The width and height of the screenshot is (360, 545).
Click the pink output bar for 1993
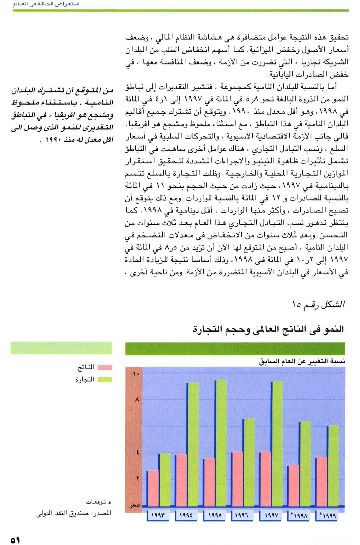[153, 488]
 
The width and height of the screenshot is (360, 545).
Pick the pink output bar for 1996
[237, 479]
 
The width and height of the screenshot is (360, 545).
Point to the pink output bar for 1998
[293, 486]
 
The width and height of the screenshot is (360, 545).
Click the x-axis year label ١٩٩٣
[158, 515]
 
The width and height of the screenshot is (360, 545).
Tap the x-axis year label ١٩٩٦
[242, 515]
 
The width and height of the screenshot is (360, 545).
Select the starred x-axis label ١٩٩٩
[328, 515]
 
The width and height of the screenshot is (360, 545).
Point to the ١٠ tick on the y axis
[136, 374]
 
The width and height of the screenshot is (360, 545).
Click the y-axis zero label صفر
[135, 505]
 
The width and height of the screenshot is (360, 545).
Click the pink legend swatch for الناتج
[105, 368]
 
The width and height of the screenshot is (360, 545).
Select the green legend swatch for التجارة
[105, 379]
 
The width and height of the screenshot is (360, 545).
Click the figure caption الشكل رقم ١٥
[319, 305]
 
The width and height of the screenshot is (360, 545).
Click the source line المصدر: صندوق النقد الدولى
[74, 513]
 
